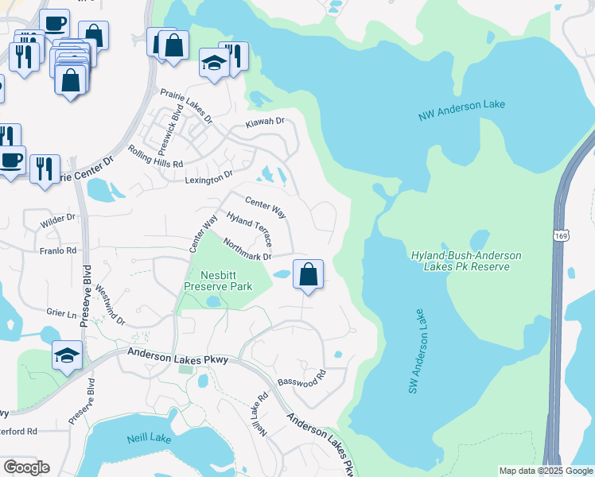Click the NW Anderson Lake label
click(461, 111)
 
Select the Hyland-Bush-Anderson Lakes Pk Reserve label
click(466, 261)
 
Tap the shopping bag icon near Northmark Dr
click(309, 275)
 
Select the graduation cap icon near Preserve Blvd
click(68, 356)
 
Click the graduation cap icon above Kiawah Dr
click(215, 64)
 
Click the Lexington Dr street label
click(209, 174)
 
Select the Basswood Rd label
click(302, 378)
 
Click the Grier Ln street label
click(60, 314)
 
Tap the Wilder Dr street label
click(59, 216)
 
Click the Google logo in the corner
click(25, 467)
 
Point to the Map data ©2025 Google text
click(545, 471)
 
